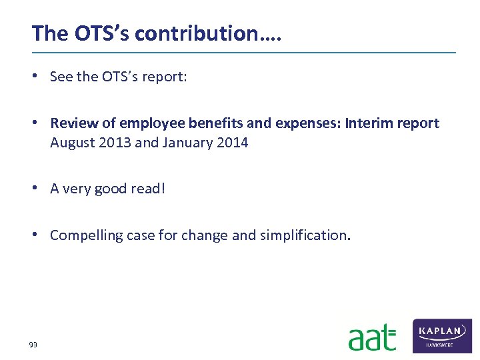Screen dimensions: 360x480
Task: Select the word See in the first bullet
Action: click(61, 77)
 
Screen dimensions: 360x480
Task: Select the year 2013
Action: click(113, 143)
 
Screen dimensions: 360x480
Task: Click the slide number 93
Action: click(33, 345)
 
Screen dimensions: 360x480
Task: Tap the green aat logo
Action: click(372, 337)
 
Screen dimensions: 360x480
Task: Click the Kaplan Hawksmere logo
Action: click(442, 335)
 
